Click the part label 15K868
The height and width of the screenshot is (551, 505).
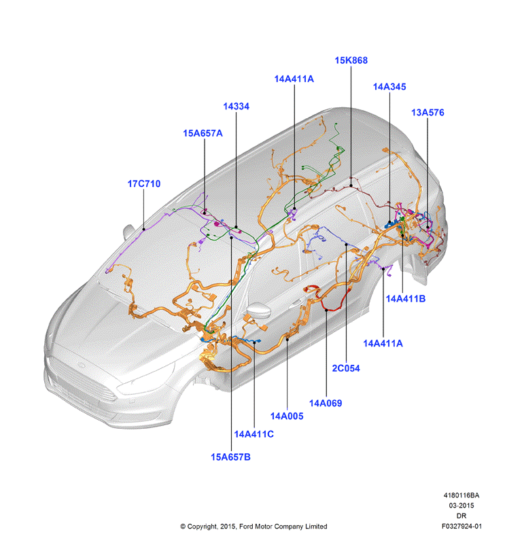[x=351, y=60]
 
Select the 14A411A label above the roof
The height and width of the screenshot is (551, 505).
[x=294, y=79]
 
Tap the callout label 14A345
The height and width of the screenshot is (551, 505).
[x=389, y=87]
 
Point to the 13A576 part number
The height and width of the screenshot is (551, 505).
[x=428, y=113]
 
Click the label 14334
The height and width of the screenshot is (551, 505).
[x=236, y=107]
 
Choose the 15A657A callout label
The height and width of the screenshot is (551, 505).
[x=203, y=134]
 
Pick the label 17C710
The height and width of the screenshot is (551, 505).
[x=143, y=184]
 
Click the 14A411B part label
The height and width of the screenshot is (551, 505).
[x=406, y=299]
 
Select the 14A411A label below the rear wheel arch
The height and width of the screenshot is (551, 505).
[x=383, y=343]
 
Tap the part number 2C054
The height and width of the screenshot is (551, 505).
[x=346, y=368]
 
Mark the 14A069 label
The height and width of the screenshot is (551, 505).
[x=326, y=403]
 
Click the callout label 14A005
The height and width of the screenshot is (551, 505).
[x=286, y=416]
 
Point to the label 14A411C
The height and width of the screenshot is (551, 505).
[x=254, y=434]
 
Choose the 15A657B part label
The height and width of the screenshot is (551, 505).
[x=230, y=457]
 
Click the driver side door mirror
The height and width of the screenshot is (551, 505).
[x=259, y=310]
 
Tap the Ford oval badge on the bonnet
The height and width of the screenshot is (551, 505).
[x=82, y=365]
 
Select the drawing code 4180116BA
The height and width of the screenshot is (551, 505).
[x=461, y=495]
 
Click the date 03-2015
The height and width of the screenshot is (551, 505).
[x=461, y=505]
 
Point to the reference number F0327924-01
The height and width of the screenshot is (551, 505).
[x=462, y=526]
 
